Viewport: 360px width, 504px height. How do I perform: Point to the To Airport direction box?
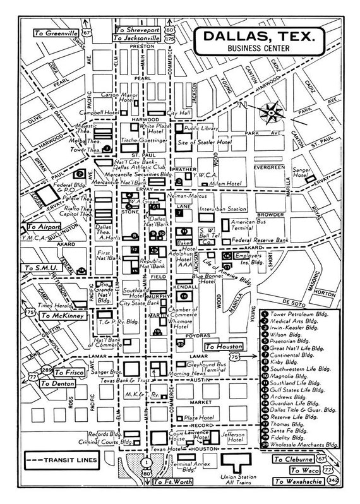41,226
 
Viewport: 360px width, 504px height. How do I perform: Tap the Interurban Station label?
222,208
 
